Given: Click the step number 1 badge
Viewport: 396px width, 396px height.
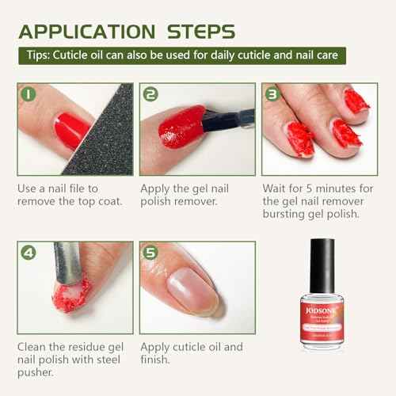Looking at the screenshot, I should click(x=29, y=95).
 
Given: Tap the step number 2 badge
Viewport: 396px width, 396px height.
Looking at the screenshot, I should click(x=151, y=95).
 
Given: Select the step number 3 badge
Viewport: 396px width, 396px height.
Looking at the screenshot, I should click(x=272, y=95).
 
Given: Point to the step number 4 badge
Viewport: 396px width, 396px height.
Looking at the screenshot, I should click(x=29, y=253).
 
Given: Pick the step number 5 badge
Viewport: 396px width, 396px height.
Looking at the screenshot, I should click(x=151, y=253).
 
